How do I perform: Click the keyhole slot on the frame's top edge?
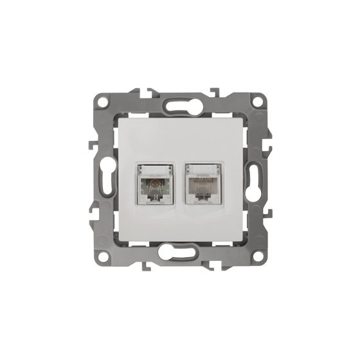point(180,104)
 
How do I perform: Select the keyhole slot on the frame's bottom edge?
point(180,256)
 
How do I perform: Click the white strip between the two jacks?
point(180,186)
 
